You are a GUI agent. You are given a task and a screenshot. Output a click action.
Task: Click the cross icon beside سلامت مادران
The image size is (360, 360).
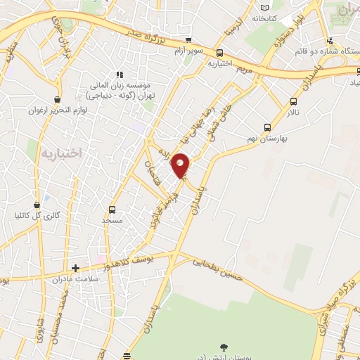click(x=76, y=267)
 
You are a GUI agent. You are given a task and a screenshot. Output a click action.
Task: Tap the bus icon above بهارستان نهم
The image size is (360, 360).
click(x=267, y=127)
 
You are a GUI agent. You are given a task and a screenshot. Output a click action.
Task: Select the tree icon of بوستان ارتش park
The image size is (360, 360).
click(x=224, y=346)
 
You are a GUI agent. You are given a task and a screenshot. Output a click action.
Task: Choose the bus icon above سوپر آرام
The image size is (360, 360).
click(x=188, y=40)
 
